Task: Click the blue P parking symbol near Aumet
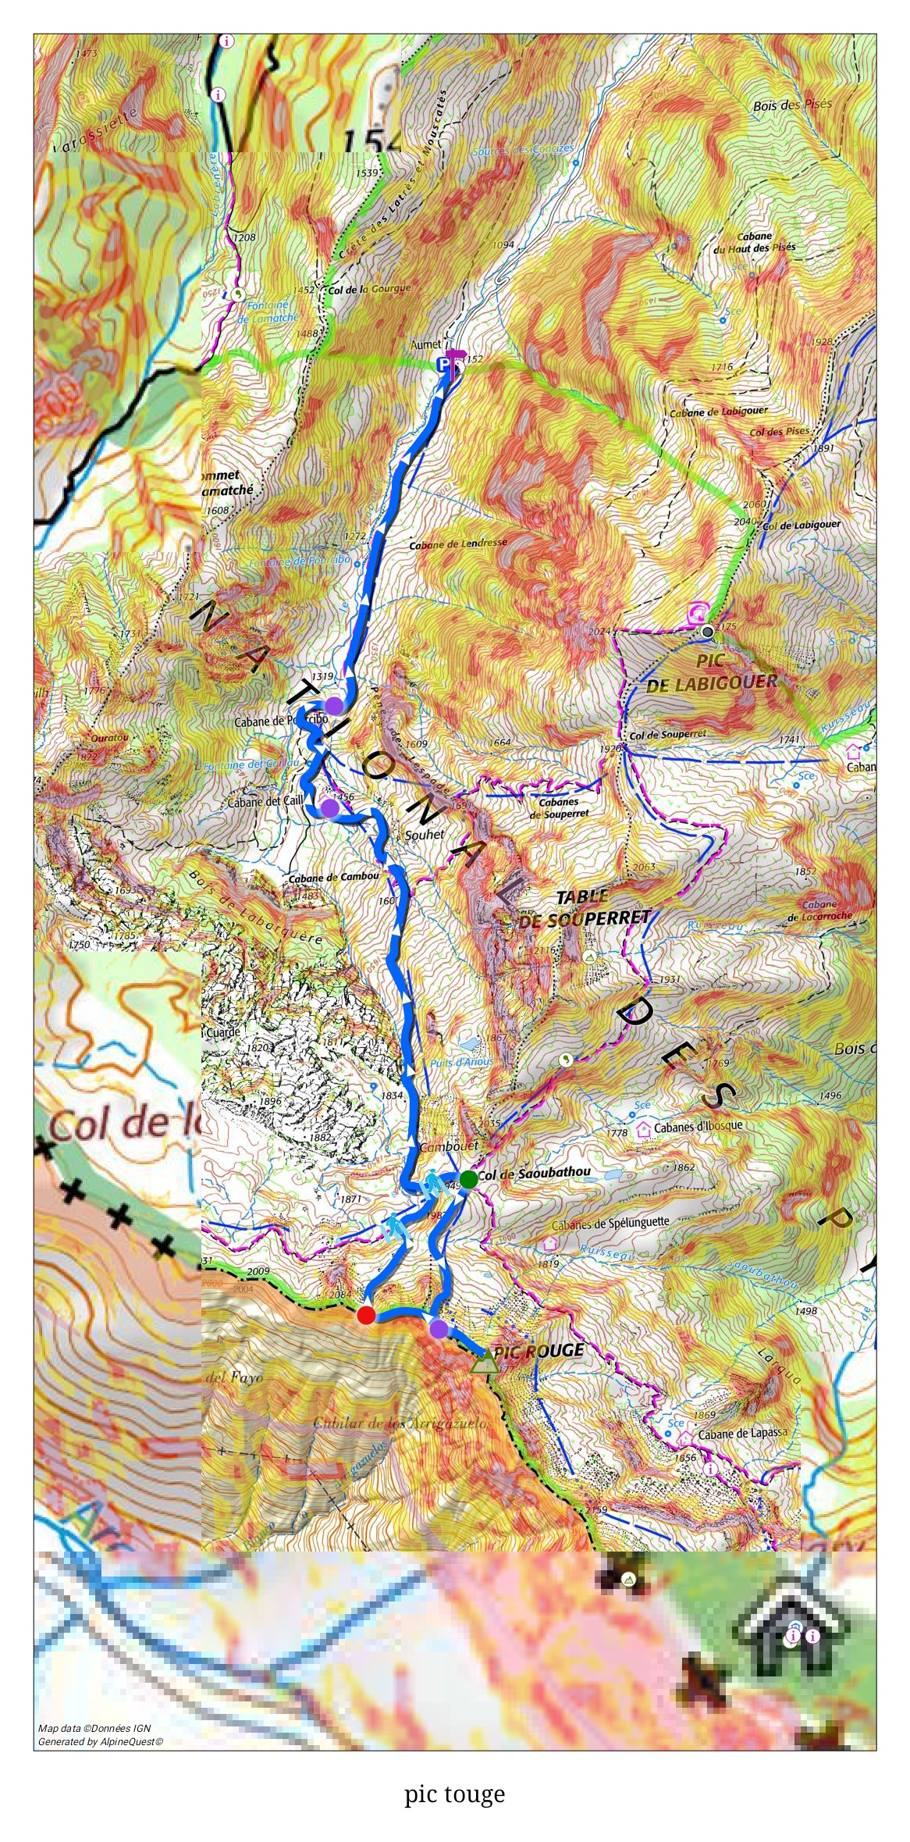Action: click(443, 364)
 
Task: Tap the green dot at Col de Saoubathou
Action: click(468, 1180)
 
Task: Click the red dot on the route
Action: click(366, 1316)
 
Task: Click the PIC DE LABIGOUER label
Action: click(711, 672)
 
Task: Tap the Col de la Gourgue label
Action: click(369, 289)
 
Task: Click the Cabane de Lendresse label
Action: click(458, 543)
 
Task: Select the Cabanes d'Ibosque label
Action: click(698, 1127)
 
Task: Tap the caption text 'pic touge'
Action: click(454, 1794)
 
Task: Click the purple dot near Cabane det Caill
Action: click(329, 807)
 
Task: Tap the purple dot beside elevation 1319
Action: click(334, 706)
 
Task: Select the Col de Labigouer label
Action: click(802, 526)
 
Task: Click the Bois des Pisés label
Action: click(792, 105)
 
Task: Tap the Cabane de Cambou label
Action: click(333, 877)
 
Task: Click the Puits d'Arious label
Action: click(461, 1062)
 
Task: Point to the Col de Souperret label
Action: click(667, 734)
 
